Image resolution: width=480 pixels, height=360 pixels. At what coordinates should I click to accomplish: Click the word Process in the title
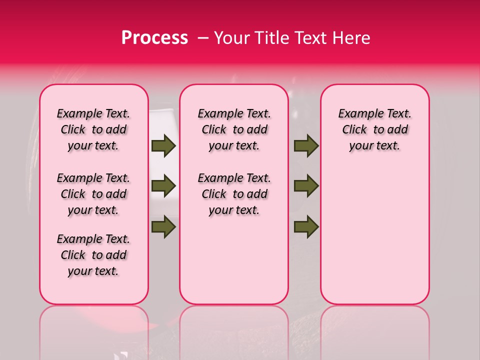click(x=154, y=38)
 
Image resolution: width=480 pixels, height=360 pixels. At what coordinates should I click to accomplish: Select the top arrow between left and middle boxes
click(x=163, y=146)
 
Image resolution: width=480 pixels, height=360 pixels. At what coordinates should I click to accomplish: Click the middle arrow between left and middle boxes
click(x=163, y=186)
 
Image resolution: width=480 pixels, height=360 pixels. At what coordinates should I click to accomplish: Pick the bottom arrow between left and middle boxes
click(x=163, y=226)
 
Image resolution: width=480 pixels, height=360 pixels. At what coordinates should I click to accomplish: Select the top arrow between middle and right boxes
click(x=306, y=146)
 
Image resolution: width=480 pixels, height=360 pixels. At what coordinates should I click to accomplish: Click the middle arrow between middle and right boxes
click(x=306, y=186)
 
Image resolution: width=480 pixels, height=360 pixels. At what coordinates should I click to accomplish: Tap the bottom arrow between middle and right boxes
click(x=306, y=226)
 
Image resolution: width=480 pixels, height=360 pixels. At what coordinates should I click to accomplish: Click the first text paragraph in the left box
click(x=93, y=129)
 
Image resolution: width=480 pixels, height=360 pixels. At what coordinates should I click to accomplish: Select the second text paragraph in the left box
click(x=93, y=194)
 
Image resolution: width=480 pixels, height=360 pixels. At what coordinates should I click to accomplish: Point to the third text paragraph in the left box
click(x=93, y=255)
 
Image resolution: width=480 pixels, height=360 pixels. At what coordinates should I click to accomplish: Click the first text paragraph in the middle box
click(x=234, y=129)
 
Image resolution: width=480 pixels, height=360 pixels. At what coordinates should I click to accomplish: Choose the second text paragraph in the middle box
click(x=234, y=194)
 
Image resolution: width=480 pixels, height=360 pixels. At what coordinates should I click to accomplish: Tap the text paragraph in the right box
click(x=374, y=129)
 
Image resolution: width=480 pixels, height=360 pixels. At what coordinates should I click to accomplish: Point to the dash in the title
click(x=203, y=38)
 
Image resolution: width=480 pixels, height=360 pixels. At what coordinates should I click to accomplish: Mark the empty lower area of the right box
click(x=374, y=235)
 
